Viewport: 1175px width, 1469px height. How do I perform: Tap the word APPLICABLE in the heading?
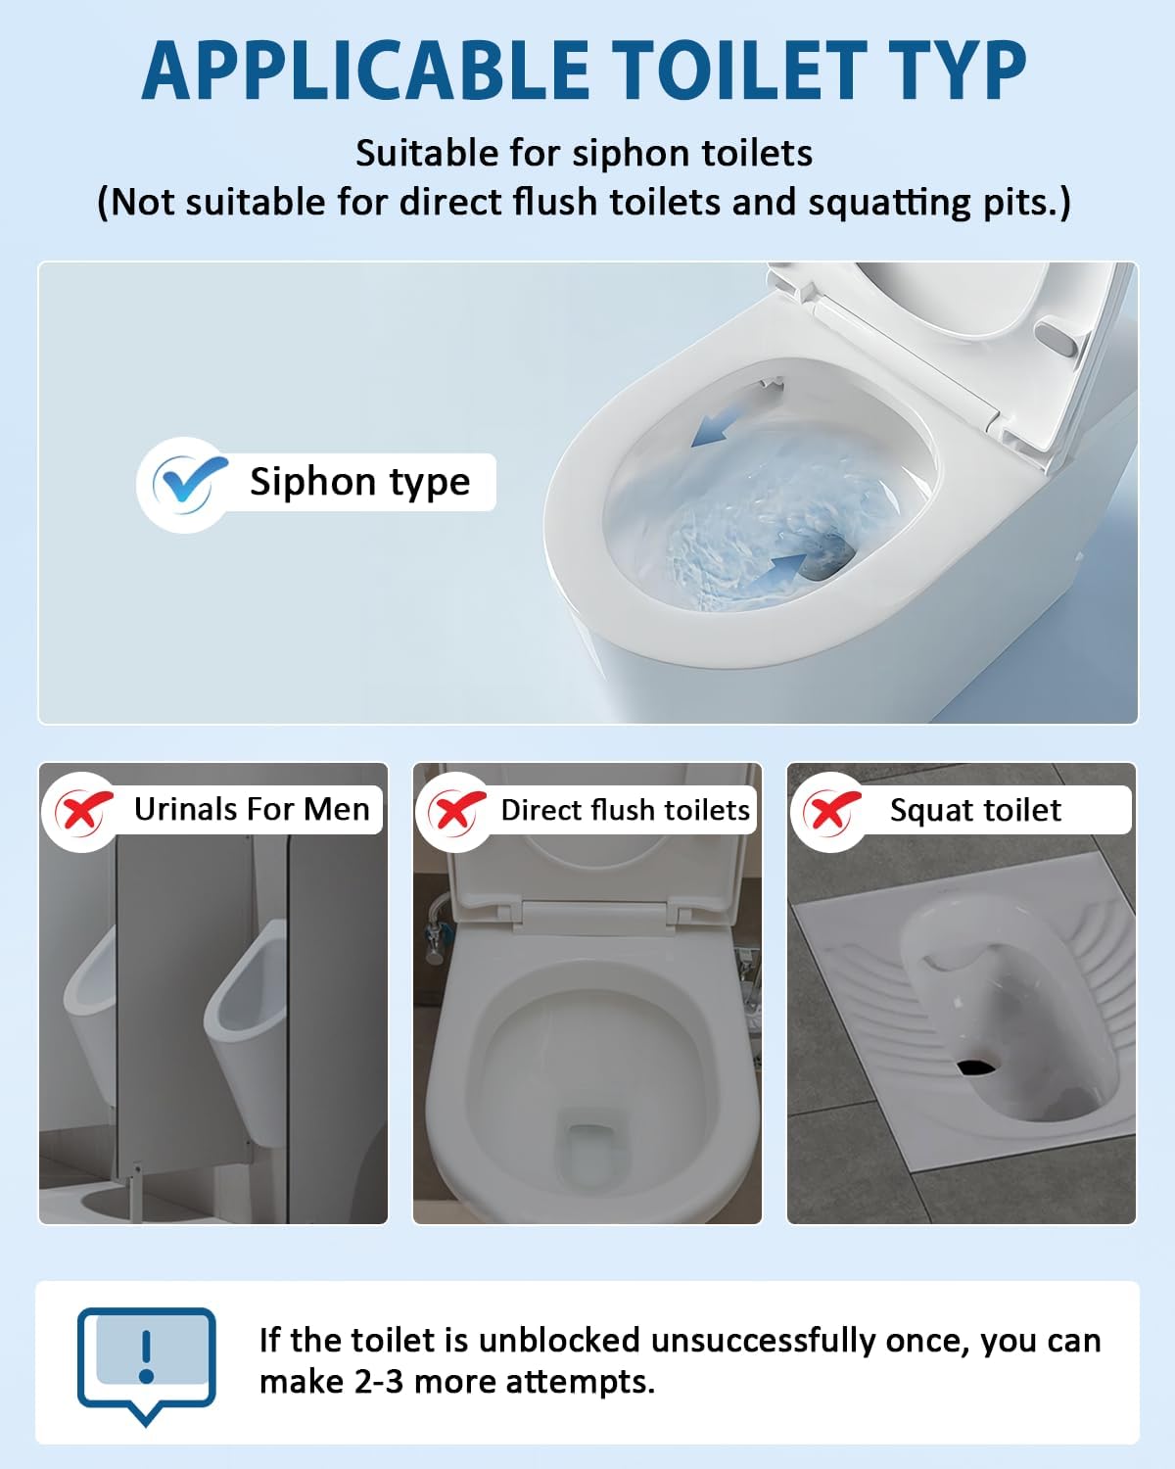(x=365, y=71)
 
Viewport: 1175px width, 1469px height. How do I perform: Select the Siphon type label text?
(x=359, y=482)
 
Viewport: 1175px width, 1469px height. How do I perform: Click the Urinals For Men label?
(x=252, y=809)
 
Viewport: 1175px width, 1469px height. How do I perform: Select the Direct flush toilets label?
(x=626, y=810)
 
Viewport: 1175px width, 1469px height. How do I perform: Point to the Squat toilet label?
(x=975, y=810)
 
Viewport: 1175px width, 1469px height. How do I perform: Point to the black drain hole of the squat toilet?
(x=977, y=1066)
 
